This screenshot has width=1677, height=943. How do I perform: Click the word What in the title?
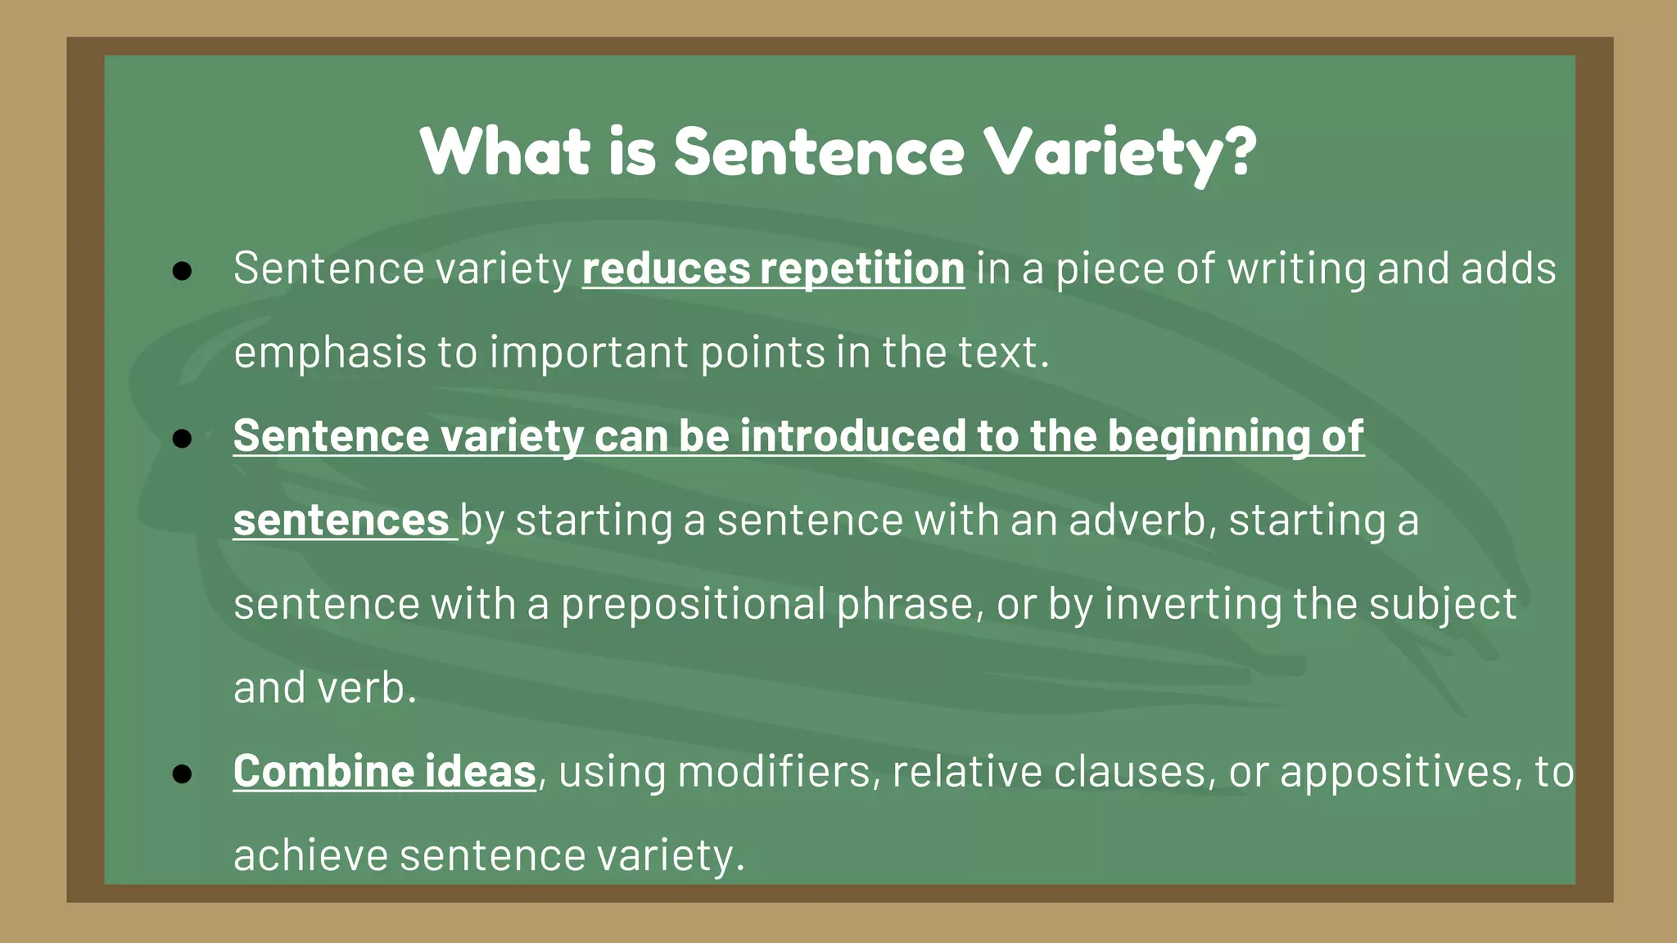[x=504, y=152]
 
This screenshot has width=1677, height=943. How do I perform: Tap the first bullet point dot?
[x=182, y=271]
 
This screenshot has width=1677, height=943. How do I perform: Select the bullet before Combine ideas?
[x=182, y=774]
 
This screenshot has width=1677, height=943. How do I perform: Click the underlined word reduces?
[x=666, y=268]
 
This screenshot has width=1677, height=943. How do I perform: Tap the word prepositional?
[x=693, y=605]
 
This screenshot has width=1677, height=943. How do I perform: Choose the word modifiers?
[x=774, y=772]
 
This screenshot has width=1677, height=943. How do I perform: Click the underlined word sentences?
[x=341, y=521]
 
